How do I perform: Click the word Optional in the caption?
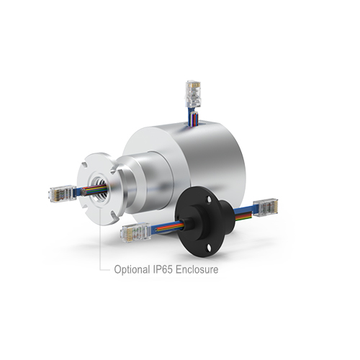click(132, 271)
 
